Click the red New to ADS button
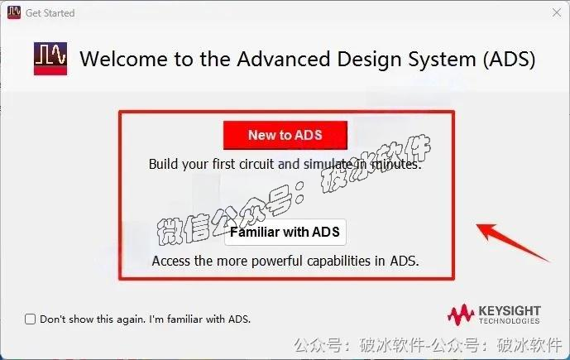point(285,135)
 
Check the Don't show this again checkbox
point(31,319)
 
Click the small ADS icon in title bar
point(13,12)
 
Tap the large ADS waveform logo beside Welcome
point(51,60)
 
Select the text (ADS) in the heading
point(507,60)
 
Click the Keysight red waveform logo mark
point(461,314)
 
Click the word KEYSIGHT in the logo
point(509,310)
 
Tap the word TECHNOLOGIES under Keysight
point(509,321)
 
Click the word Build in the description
point(164,164)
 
